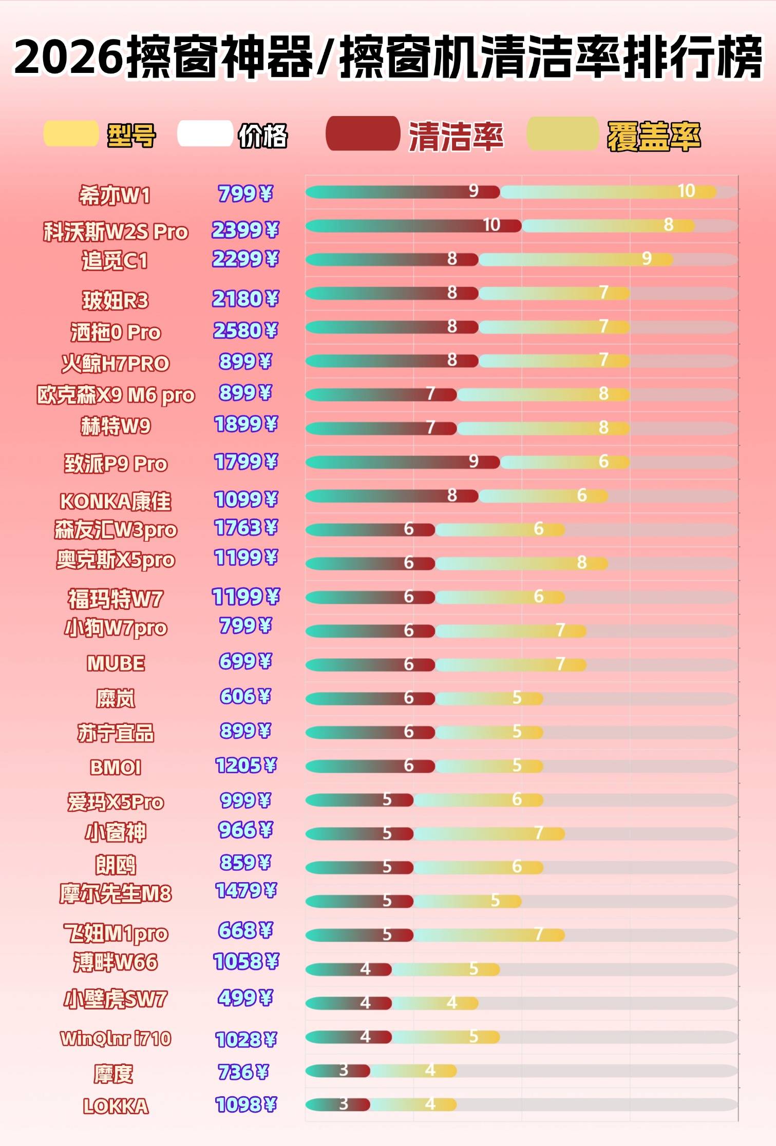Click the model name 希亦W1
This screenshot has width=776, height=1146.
(115, 196)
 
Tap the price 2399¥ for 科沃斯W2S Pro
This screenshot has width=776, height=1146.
(245, 230)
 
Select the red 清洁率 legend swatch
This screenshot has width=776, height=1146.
(363, 134)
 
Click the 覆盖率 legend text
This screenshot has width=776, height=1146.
(653, 137)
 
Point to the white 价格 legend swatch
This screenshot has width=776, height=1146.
(204, 134)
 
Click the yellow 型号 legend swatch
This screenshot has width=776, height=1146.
(71, 134)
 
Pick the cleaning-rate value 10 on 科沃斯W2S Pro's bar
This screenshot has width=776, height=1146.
(491, 225)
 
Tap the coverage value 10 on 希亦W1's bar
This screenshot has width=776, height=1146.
(686, 191)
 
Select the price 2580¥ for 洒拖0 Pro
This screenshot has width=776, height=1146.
(245, 331)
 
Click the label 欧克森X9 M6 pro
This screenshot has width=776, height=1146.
(116, 395)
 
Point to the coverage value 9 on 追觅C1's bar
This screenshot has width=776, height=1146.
(647, 258)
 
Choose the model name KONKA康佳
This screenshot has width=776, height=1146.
(116, 501)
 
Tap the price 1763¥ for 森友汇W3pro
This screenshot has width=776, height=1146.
(245, 528)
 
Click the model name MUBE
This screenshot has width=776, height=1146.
(116, 663)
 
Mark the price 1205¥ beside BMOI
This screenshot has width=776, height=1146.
(245, 766)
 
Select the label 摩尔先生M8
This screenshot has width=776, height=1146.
(116, 894)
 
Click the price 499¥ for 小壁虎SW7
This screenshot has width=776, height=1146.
(245, 998)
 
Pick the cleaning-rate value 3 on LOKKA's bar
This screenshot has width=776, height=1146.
(344, 1103)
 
